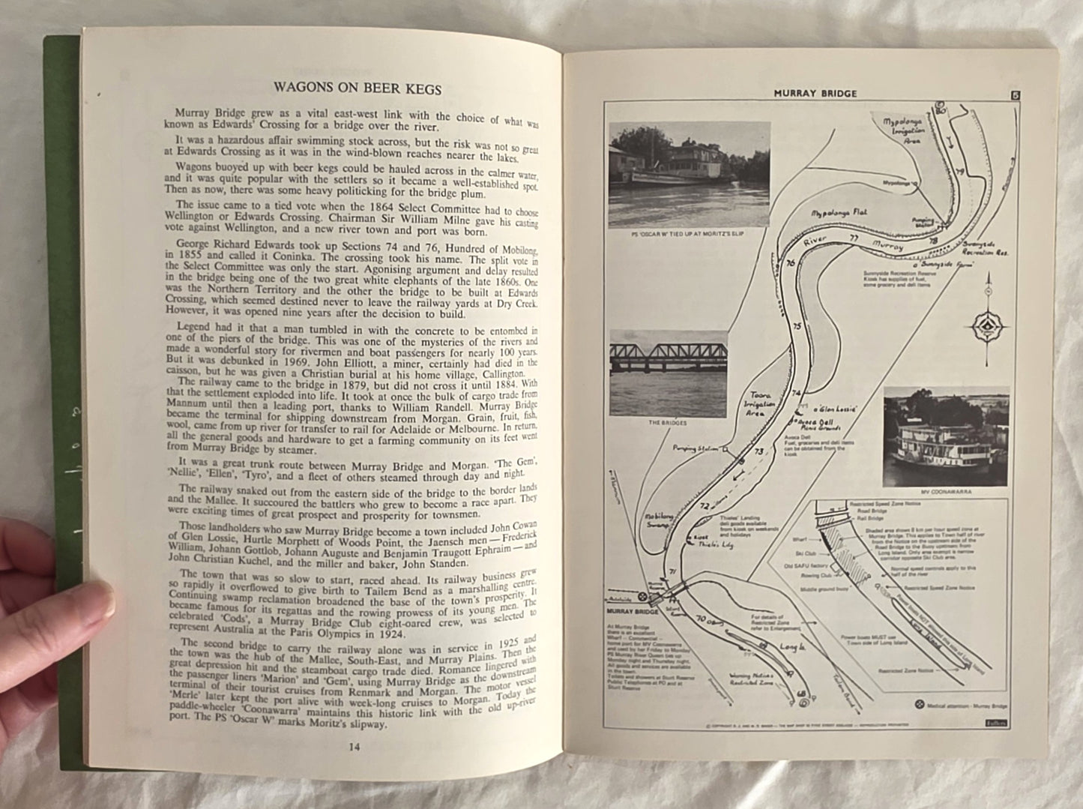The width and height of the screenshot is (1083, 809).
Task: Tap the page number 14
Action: point(355,747)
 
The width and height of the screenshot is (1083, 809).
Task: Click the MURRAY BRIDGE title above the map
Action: point(815,94)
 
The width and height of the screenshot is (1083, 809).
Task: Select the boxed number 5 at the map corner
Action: point(1016,94)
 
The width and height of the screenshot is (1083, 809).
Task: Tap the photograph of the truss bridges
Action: point(668,373)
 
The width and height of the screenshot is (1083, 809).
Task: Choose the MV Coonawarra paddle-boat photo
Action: point(946,437)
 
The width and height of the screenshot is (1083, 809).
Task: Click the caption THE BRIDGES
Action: point(667,423)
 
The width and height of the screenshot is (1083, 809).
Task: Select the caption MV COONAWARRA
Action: point(947,493)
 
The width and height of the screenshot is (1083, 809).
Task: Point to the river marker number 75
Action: point(797,326)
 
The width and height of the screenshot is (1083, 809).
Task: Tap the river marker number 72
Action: point(704,507)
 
